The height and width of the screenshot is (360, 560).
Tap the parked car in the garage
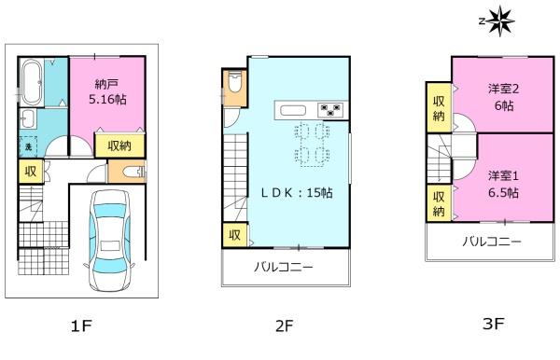[x=109, y=240]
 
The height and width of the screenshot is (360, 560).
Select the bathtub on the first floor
[x=32, y=81]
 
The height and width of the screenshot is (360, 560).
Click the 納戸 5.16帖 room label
[x=107, y=92]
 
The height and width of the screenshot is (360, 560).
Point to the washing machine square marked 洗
[x=28, y=146]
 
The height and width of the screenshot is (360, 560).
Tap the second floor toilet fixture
[x=234, y=82]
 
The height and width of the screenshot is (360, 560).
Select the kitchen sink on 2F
[x=293, y=111]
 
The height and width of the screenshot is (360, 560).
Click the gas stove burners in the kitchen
[x=330, y=109]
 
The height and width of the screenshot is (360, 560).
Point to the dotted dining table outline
[x=313, y=145]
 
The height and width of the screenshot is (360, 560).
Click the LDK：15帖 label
[x=297, y=193]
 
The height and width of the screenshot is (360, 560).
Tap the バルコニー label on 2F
[x=284, y=267]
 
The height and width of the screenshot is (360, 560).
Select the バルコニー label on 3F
[x=492, y=242]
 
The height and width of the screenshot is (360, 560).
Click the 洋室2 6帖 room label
[x=504, y=97]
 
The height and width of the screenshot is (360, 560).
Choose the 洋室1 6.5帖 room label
[x=504, y=185]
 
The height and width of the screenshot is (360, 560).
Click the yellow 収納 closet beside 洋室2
[x=439, y=108]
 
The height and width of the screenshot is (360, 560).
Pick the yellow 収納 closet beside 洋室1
[x=439, y=203]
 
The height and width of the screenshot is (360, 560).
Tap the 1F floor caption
[x=82, y=325]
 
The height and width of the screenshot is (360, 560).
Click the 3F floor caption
[x=493, y=324]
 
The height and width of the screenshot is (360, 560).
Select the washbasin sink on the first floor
[x=28, y=118]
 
